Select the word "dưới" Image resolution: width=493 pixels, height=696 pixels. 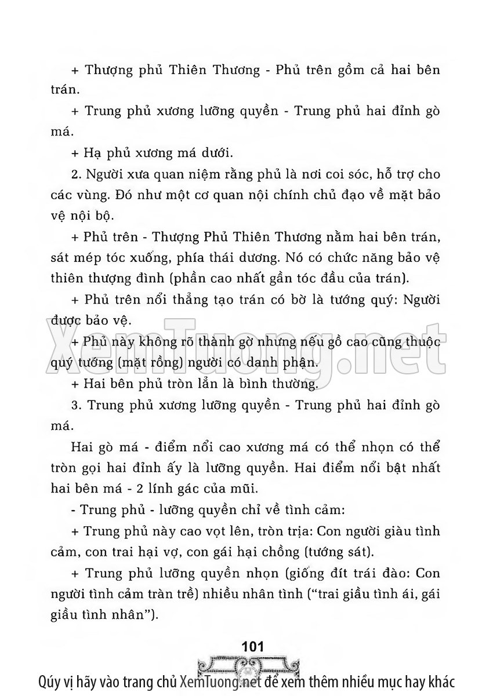coord(217,154)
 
